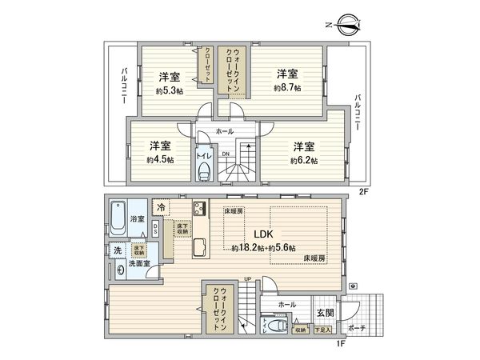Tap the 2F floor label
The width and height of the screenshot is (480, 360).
pyautogui.click(x=362, y=192)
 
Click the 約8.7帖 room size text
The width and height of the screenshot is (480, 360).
pyautogui.click(x=287, y=87)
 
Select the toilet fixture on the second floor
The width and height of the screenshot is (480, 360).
pyautogui.click(x=203, y=173)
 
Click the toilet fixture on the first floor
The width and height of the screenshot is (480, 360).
pyautogui.click(x=278, y=326)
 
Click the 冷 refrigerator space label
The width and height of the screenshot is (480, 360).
pyautogui.click(x=162, y=209)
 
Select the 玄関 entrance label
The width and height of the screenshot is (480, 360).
pyautogui.click(x=325, y=313)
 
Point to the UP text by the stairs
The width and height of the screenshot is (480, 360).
pyautogui.click(x=247, y=279)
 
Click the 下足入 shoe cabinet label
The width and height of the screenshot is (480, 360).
pyautogui.click(x=322, y=328)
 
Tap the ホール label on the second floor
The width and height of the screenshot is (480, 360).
pyautogui.click(x=225, y=130)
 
